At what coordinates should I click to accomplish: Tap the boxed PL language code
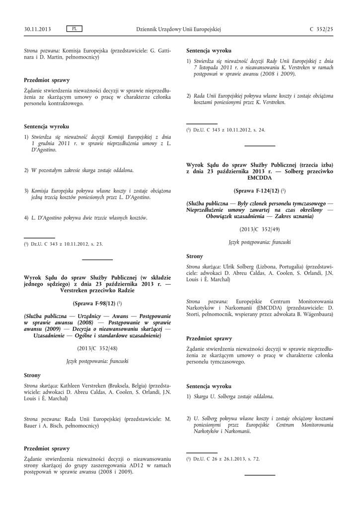pos(74,29)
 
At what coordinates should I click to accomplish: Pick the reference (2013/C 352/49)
pos(259,229)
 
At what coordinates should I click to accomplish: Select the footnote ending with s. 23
pos(64,244)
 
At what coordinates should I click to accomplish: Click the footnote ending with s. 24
pos(226,130)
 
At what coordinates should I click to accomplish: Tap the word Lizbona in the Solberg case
pos(268,266)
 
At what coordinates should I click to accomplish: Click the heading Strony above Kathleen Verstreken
pos(32,375)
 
